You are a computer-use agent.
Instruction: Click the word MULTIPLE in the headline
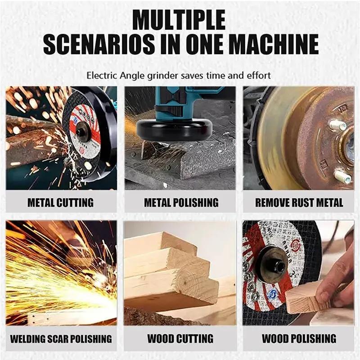coord(180,21)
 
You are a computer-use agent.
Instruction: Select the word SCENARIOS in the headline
coord(107,45)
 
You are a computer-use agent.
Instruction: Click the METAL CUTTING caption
coord(61,202)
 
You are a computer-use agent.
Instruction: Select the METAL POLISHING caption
coord(181,202)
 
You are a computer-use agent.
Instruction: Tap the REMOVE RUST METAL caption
coord(299,202)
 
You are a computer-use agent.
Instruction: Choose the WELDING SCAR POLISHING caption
coord(61,338)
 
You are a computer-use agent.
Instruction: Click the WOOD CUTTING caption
coord(180,338)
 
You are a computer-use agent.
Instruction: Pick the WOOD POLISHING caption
coord(299,338)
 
